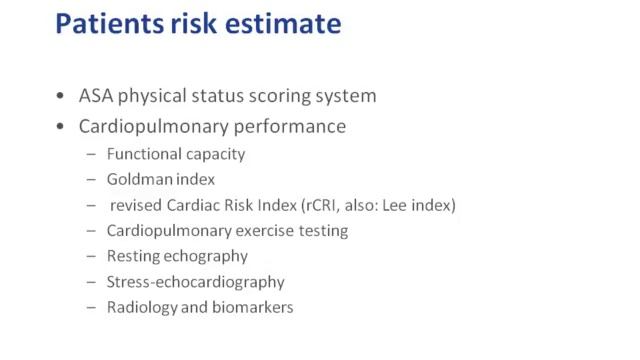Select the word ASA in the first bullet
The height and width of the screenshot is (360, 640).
coord(99,97)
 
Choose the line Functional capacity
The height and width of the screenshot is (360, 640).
coord(175,154)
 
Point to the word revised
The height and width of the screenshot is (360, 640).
coord(141,205)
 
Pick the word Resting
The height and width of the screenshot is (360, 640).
coord(135,256)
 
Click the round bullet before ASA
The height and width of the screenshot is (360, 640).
coord(62,97)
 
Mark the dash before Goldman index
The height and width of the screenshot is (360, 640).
coord(92,180)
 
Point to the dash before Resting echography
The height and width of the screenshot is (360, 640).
coord(92,257)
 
